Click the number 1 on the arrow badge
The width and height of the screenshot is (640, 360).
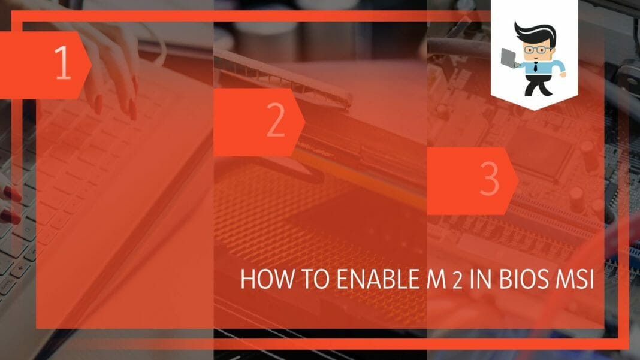pos(63,62)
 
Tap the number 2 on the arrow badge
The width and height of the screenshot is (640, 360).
pos(276,120)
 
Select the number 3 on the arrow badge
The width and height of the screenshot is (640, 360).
pos(489,179)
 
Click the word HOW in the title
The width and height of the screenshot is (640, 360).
pos(267,279)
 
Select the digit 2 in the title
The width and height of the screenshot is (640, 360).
pos(457,281)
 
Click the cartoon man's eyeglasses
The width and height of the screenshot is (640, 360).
pos(537,50)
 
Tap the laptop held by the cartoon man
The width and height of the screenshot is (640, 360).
pos(510,58)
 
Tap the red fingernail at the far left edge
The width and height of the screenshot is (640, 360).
pos(11,193)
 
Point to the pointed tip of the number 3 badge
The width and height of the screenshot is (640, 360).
pos(518,181)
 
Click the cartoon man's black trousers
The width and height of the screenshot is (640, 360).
pos(537,84)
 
